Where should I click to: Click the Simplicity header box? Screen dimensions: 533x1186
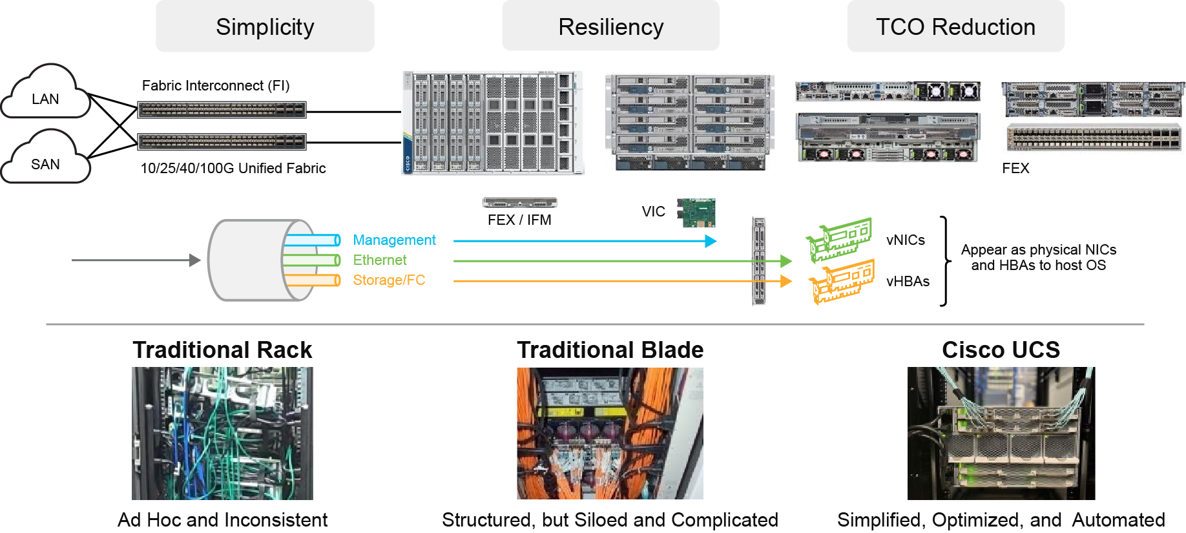click(265, 26)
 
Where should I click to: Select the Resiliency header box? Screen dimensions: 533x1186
click(610, 26)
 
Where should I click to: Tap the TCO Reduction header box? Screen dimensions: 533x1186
click(955, 26)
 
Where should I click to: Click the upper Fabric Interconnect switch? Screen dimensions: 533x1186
click(222, 110)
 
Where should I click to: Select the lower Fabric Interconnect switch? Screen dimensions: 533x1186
click(222, 141)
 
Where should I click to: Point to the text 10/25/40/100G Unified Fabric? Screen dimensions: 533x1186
click(233, 169)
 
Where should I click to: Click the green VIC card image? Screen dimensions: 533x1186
click(696, 213)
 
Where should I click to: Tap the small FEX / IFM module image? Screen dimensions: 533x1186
click(519, 203)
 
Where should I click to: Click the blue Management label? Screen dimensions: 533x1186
click(394, 240)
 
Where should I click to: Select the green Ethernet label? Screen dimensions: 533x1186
click(379, 260)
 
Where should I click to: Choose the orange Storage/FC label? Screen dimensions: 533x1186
click(388, 280)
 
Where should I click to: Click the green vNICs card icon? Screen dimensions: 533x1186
click(840, 240)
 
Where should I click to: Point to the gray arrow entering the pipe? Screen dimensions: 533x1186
click(136, 260)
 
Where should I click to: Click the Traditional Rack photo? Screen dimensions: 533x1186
click(222, 433)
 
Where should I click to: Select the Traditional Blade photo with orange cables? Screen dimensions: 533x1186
click(610, 433)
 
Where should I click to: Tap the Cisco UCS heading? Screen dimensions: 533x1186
click(1001, 350)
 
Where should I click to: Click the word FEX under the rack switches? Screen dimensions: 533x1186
click(1015, 169)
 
